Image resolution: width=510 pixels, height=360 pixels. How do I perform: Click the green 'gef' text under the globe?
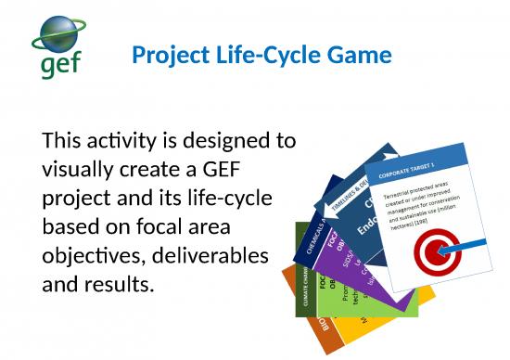click(60, 65)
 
